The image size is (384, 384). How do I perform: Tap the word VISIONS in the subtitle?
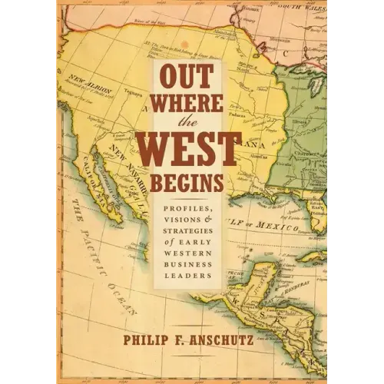tap(182, 219)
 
